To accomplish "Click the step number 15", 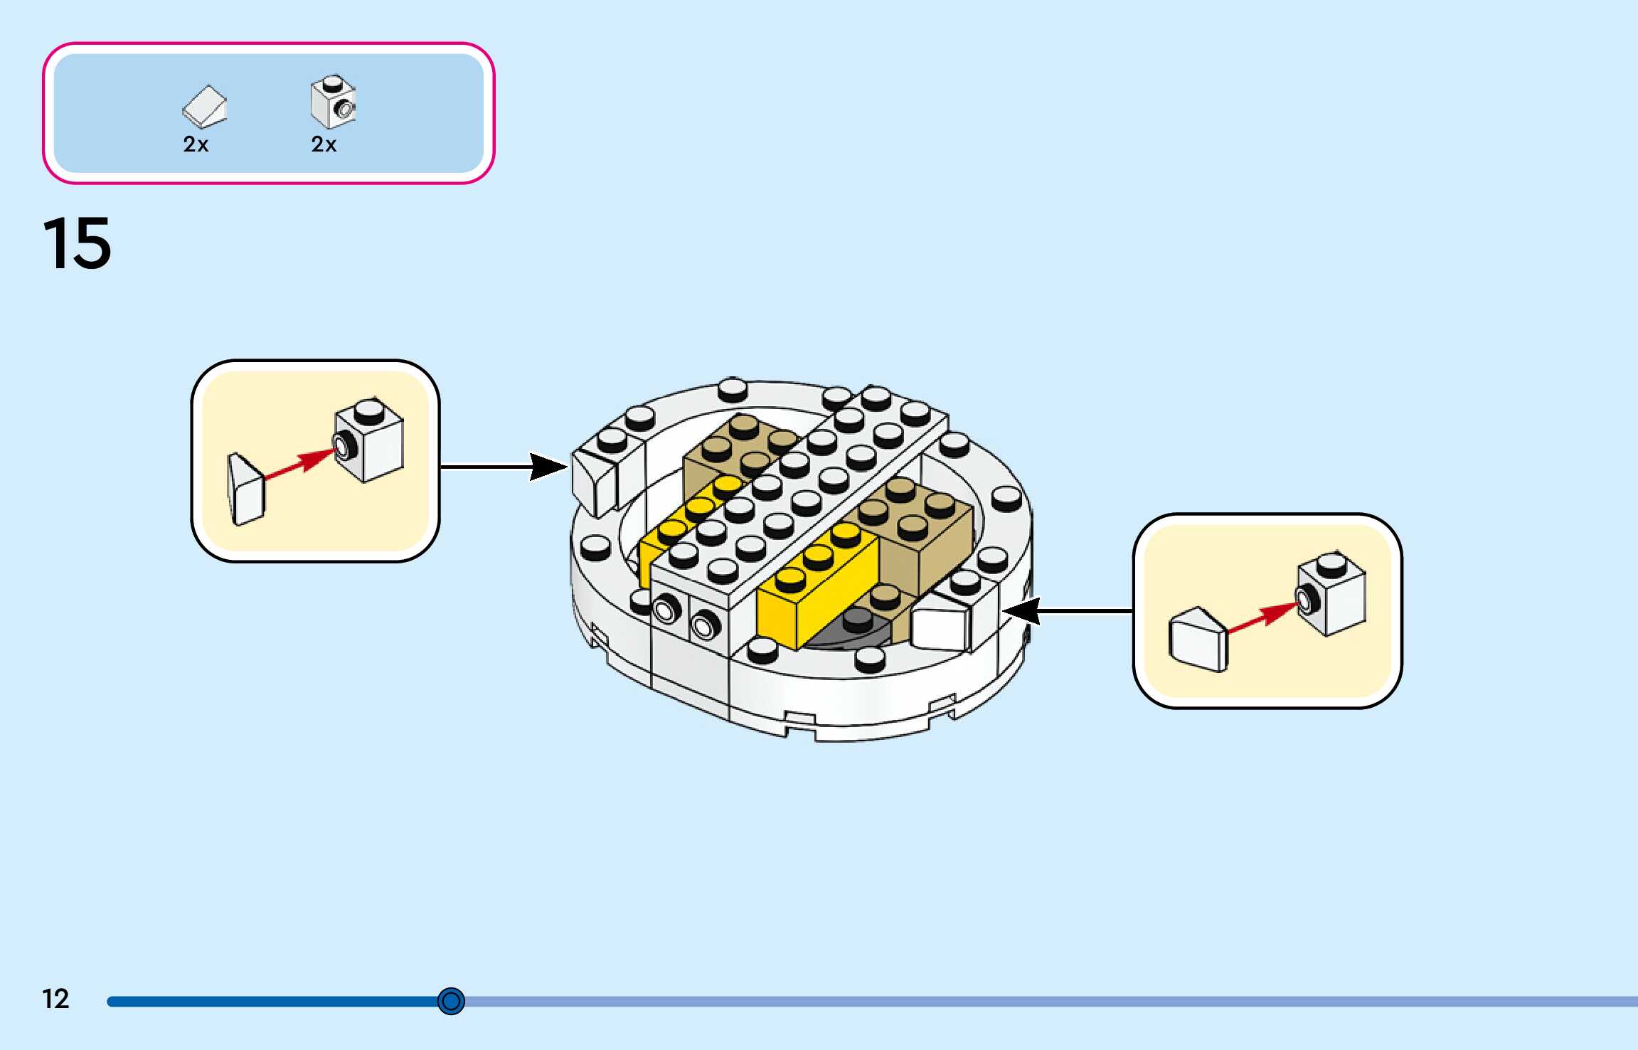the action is (77, 243).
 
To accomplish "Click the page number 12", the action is (55, 999).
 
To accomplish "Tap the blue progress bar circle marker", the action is (451, 1001).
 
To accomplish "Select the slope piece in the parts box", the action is (205, 107).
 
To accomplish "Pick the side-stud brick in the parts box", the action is (333, 102).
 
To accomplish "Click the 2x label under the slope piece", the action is (196, 144).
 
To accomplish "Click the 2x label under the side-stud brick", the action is (324, 144).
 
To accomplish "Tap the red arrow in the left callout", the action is (299, 464).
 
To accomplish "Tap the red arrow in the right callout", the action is (1263, 617).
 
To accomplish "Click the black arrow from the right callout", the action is (1068, 610).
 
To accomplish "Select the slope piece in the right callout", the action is (1198, 639).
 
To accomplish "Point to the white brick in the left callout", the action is (369, 440).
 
